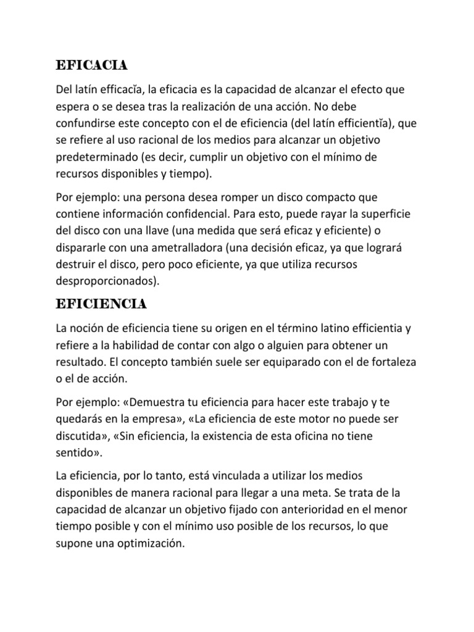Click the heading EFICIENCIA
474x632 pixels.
[x=101, y=304]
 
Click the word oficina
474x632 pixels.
[x=329, y=436]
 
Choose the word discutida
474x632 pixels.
[x=80, y=436]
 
